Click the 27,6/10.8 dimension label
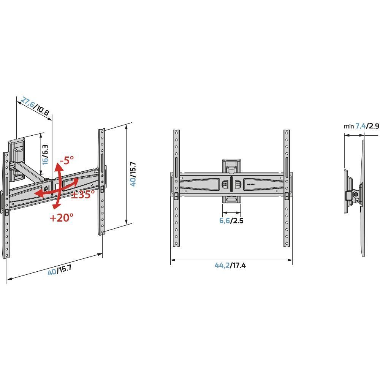35,106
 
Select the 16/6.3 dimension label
45,155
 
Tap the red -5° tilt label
66,160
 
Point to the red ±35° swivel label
83,194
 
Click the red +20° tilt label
61,218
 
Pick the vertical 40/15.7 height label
133,174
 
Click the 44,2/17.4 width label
230,265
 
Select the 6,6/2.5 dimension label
231,220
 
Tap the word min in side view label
348,126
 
